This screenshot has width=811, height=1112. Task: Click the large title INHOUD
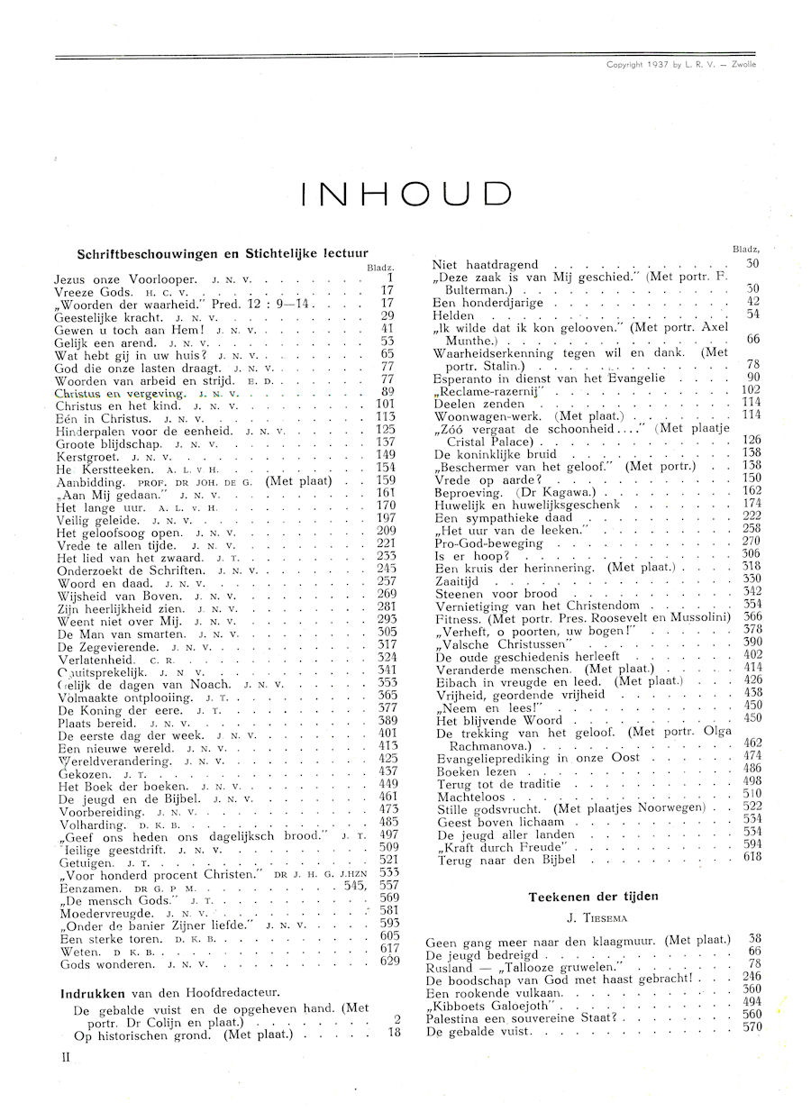405,194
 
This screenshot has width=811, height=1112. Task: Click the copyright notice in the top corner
681,65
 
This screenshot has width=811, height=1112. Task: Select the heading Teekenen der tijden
593,897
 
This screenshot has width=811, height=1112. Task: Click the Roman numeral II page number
66,1057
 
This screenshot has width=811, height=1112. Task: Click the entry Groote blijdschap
107,444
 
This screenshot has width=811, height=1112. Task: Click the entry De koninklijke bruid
495,454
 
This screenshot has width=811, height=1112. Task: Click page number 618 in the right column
752,857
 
